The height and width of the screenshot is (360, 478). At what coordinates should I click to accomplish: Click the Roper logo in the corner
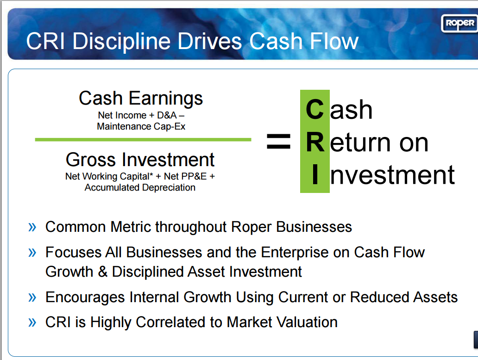point(458,23)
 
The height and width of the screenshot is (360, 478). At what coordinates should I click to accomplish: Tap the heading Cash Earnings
point(141,98)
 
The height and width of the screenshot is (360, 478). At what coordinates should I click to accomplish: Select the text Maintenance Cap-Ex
point(141,126)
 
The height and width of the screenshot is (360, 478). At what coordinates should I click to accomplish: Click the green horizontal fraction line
point(143,139)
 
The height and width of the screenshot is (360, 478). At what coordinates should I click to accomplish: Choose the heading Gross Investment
point(140,160)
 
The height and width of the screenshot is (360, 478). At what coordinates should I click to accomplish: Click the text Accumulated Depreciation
point(140,187)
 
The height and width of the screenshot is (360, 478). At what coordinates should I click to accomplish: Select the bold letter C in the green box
point(314,110)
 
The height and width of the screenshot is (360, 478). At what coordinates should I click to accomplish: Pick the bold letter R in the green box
point(315,142)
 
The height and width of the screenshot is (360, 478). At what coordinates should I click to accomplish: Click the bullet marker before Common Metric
point(32,227)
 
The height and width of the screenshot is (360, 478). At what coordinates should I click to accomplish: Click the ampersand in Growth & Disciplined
point(102,272)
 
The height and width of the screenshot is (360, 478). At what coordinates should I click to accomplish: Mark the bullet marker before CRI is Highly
point(32,322)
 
